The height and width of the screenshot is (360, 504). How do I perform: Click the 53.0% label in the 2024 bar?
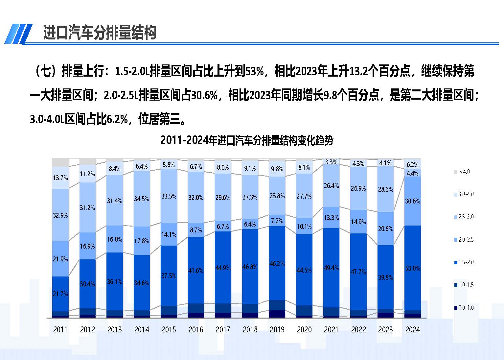412,268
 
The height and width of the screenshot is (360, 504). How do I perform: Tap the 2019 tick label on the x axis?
277,329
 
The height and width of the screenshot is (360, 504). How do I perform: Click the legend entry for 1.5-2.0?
464,262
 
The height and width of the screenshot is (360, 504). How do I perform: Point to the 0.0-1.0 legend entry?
464,308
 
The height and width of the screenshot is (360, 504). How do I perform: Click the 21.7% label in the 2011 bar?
60,294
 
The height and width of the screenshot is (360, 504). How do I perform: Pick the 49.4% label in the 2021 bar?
331,268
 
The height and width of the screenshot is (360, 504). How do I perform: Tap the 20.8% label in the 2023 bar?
385,229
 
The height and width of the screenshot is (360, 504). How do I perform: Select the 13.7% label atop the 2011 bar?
60,178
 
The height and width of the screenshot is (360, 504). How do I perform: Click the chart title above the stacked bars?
247,140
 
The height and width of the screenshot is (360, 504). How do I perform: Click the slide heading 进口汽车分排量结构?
100,33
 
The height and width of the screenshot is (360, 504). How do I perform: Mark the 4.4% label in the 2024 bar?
412,173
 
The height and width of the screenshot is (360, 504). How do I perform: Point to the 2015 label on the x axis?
169,329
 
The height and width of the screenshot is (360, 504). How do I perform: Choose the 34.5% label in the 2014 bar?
142,199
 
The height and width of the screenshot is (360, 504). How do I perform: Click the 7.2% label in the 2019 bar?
277,221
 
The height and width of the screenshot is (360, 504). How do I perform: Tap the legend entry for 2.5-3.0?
464,217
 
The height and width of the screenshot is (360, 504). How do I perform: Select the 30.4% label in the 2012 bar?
87,284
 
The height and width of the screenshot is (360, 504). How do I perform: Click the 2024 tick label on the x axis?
412,329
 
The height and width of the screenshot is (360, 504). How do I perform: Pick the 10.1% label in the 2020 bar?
304,227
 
